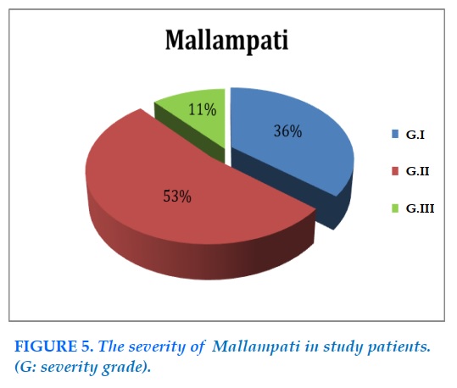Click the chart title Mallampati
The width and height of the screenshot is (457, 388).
click(x=226, y=40)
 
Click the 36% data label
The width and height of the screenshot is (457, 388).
click(x=287, y=131)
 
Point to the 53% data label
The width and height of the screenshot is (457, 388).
click(x=177, y=196)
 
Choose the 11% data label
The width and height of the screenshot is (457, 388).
click(x=203, y=110)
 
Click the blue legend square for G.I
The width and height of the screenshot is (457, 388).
click(x=395, y=135)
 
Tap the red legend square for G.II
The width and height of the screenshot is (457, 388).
click(x=395, y=171)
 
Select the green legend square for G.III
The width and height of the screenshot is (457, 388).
click(x=395, y=208)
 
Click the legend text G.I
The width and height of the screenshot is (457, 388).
click(x=415, y=135)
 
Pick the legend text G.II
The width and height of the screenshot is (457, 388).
click(x=418, y=171)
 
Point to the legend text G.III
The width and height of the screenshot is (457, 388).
click(x=421, y=208)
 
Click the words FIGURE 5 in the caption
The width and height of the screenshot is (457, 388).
click(x=54, y=346)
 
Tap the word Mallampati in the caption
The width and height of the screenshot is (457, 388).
click(x=256, y=346)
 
